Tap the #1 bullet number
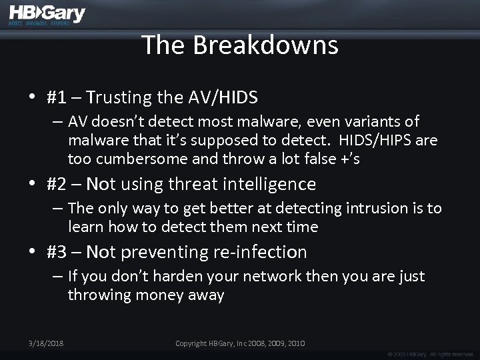pos(57,97)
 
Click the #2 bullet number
pos(57,183)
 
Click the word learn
pos(85,227)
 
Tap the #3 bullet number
pos(57,252)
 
